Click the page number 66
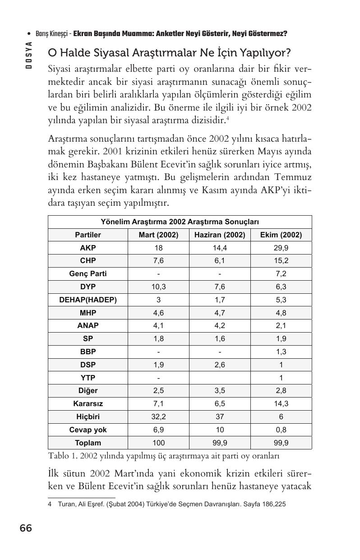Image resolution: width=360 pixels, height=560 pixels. pos(26,528)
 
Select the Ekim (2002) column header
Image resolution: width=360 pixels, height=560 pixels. pos(281,235)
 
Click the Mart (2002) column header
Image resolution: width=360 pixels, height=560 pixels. pos(158,235)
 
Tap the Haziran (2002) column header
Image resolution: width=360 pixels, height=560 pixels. pos(220,235)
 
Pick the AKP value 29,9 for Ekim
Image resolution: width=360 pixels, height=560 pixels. pos(281,248)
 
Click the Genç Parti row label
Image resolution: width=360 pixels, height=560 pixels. pos(88,274)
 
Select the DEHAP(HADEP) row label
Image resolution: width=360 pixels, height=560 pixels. pos(88,300)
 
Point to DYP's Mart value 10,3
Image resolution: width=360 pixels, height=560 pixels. pos(158,287)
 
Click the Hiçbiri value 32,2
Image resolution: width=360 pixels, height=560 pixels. pos(158,417)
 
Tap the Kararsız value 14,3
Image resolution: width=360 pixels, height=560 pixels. pos(281,404)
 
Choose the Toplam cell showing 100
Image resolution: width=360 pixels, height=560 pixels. pos(158,443)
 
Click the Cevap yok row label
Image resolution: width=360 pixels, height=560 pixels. pos(88,430)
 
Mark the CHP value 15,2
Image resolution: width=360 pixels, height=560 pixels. pos(281,261)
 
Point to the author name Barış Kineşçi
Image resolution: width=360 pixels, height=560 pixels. pos(52,34)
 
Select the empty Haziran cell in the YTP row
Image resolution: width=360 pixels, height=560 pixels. pos(220,378)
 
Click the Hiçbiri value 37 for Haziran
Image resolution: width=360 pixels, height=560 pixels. pos(220,417)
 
